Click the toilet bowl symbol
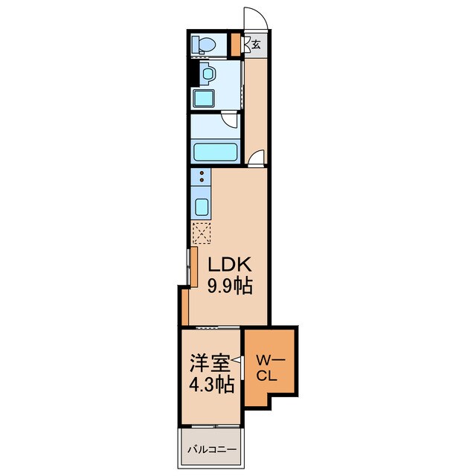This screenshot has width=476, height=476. [204, 45]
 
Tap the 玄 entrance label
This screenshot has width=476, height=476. [256, 45]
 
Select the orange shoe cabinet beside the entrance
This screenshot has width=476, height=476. [235, 45]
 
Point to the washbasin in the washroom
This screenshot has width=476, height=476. [208, 74]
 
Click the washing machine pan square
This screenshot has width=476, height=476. [204, 98]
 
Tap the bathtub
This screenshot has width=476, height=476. [215, 152]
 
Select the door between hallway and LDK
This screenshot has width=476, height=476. [257, 158]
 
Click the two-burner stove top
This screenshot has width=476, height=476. [201, 177]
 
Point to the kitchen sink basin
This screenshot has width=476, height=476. [202, 207]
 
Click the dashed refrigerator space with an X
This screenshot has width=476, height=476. [202, 233]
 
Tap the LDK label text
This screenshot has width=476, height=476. [230, 265]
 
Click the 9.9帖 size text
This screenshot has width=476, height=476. [230, 286]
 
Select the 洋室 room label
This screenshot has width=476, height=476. [210, 363]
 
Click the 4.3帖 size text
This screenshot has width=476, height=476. [211, 385]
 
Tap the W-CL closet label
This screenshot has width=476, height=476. [270, 368]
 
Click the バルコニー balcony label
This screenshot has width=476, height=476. [211, 449]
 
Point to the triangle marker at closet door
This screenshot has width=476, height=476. [237, 360]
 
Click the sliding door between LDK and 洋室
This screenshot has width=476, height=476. [218, 327]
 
